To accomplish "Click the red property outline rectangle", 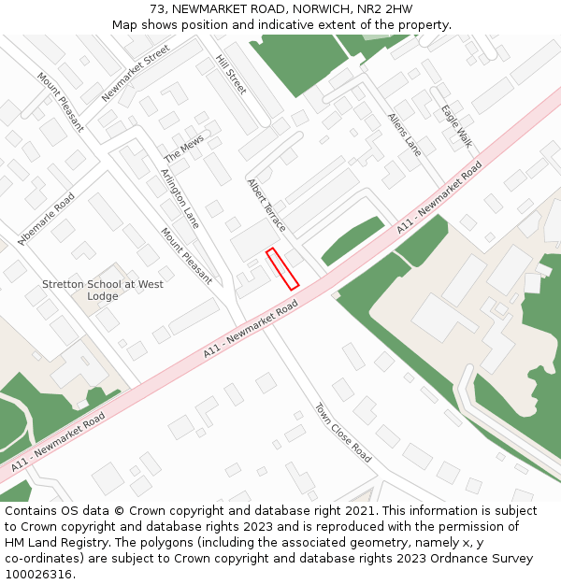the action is pos(282,269).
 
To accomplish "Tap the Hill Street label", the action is pos(231,74).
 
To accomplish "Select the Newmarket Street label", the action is pos(136,72).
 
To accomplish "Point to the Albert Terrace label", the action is pos(266,205).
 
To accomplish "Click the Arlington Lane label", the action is pos(180,198).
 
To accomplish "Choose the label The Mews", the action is pos(184,148).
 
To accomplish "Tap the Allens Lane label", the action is pos(405,134).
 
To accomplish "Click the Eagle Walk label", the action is pos(457,126).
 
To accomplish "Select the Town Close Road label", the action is pos(342,433).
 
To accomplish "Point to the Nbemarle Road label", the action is pos(46,219).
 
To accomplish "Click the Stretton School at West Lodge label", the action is pos(103,290).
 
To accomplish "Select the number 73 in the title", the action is pos(156,9).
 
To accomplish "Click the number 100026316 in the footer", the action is pos(38,574).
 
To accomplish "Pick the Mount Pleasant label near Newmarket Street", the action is pos(61,102).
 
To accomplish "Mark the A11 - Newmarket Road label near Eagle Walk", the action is pos(439,197).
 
